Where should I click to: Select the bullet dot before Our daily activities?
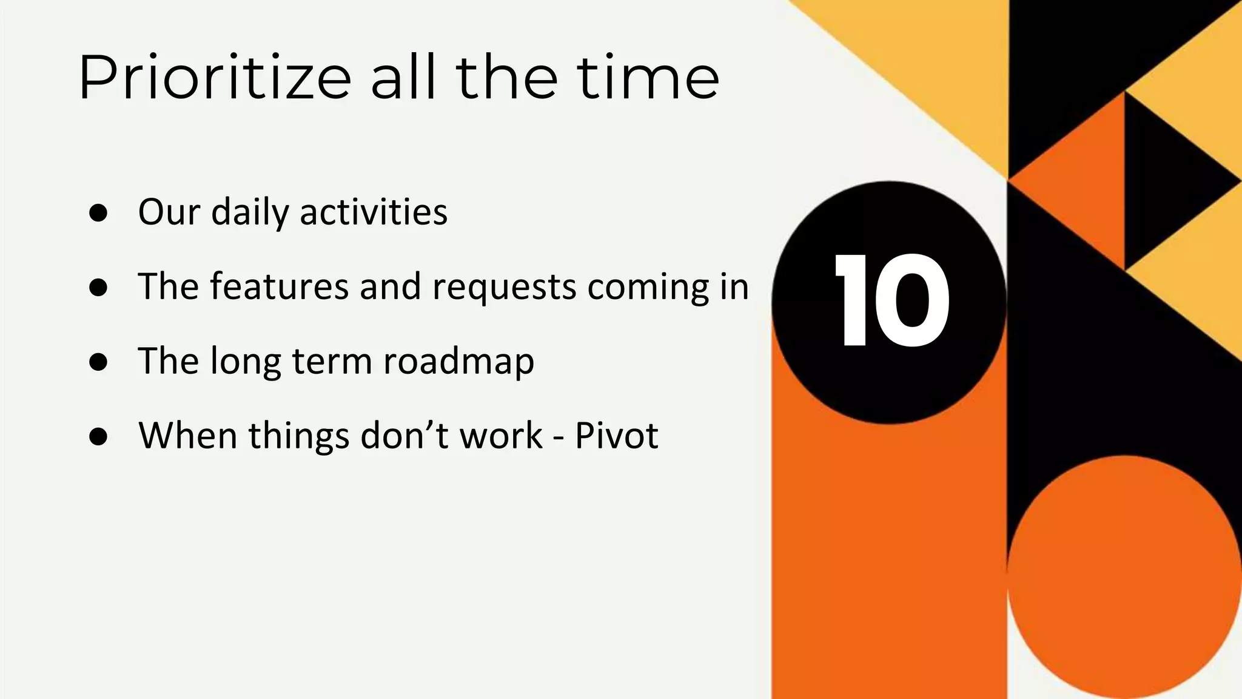tap(98, 213)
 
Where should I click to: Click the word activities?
tap(374, 212)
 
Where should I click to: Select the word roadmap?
tap(458, 362)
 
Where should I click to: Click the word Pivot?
tap(616, 436)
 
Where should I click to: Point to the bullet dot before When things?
tap(98, 436)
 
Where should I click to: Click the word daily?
tap(250, 213)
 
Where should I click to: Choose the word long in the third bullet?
tap(246, 362)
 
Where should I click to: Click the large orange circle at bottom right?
tap(1124, 576)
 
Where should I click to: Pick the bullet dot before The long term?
tap(98, 362)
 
